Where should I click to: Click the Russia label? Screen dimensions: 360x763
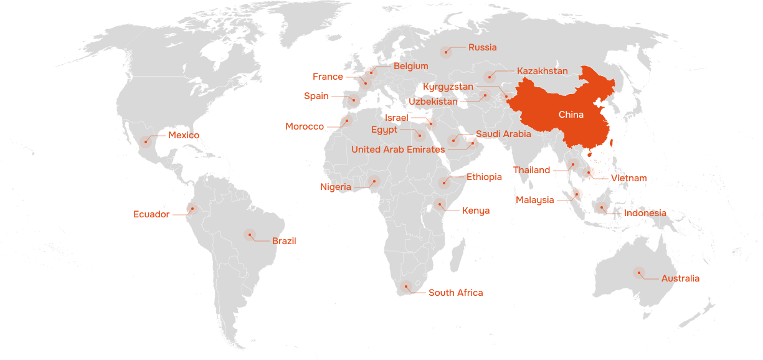tap(482, 47)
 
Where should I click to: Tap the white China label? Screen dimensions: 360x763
tap(571, 115)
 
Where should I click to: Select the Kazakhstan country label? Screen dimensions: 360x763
tap(542, 71)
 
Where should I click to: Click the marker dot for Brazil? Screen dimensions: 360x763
tap(249, 235)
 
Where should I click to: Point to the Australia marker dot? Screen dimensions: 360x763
tap(638, 272)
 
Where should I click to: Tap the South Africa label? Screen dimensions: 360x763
tap(455, 293)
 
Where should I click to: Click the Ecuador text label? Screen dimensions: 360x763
tap(151, 214)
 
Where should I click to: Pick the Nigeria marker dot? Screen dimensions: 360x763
tap(374, 181)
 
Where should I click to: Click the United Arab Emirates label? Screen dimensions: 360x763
tap(397, 149)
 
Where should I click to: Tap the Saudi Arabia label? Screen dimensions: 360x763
tap(503, 134)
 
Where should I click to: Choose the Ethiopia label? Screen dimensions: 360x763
tap(483, 177)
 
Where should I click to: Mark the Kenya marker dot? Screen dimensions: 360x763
tap(440, 204)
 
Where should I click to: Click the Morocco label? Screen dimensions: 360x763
tap(305, 127)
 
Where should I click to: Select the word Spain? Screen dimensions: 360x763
tap(316, 96)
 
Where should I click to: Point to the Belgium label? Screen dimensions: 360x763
tap(410, 66)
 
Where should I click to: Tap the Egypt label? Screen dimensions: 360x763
tap(384, 130)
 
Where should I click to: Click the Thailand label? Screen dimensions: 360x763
tap(531, 170)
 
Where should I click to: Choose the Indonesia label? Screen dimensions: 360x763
tap(645, 213)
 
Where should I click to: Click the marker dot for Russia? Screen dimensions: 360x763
tap(445, 52)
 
